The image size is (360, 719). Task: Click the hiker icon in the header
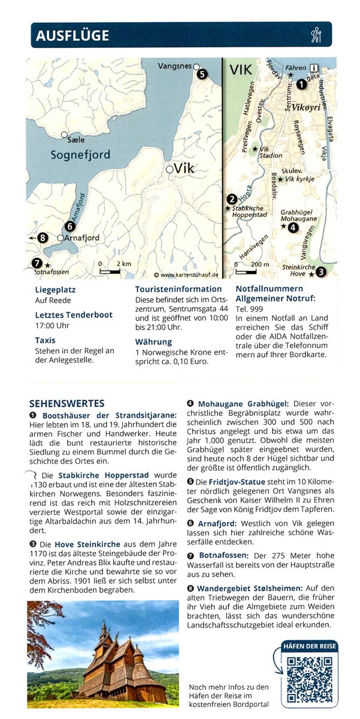click(316, 35)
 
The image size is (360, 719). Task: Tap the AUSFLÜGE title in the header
click(72, 35)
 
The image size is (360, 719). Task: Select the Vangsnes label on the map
click(174, 66)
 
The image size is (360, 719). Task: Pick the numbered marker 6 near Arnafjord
click(70, 226)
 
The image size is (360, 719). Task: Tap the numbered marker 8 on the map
click(42, 238)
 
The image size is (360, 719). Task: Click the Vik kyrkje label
click(300, 179)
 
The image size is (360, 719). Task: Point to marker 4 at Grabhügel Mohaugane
click(292, 227)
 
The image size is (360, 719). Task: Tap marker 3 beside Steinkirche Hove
click(321, 272)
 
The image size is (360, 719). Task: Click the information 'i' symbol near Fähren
click(314, 68)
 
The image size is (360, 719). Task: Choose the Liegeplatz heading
click(55, 289)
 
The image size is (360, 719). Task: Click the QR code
click(309, 679)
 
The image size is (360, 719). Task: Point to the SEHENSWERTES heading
click(67, 403)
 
